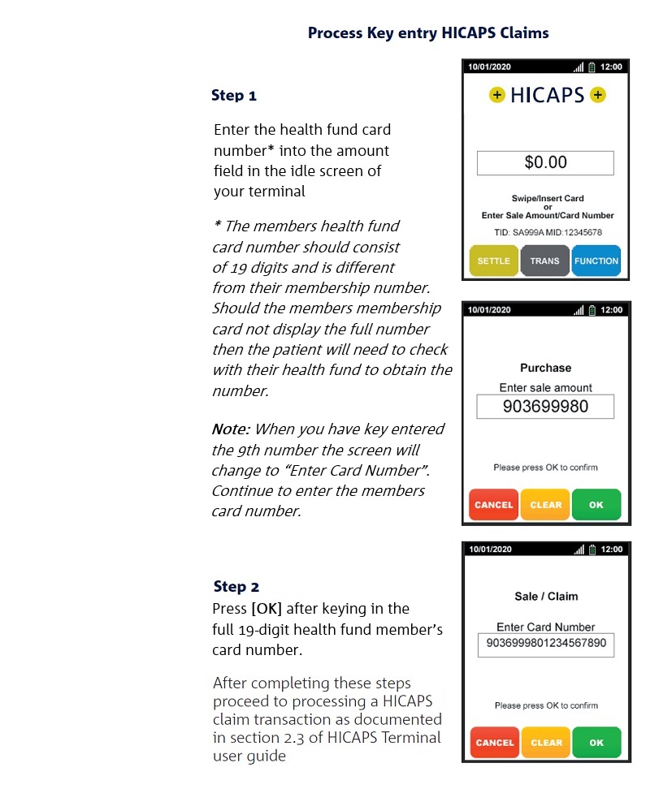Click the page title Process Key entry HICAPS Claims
(x=428, y=33)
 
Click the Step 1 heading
(x=234, y=96)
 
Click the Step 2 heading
(x=236, y=586)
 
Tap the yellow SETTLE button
(x=493, y=261)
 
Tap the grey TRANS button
(x=544, y=261)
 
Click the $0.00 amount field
(x=545, y=162)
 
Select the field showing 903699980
(x=545, y=407)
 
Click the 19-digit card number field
(x=545, y=645)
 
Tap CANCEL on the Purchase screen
(x=493, y=505)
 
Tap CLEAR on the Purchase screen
(x=545, y=505)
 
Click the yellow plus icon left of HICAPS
(x=496, y=96)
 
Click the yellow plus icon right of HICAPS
(x=598, y=96)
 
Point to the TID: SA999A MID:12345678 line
(x=545, y=233)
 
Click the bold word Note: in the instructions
(x=230, y=429)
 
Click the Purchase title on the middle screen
(x=545, y=368)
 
